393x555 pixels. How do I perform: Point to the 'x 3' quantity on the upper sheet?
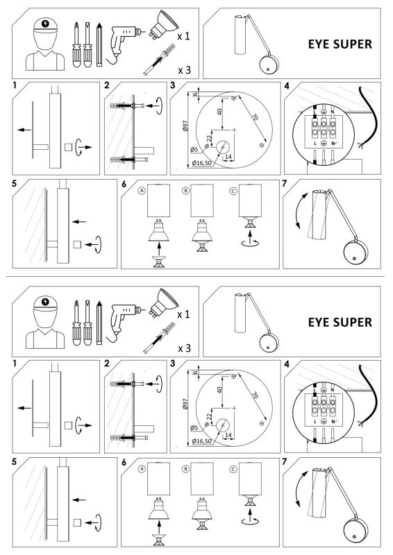pos(184,70)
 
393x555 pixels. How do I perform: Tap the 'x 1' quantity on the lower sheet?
pos(184,314)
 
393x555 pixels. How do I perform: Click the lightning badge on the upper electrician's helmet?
pos(46,22)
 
